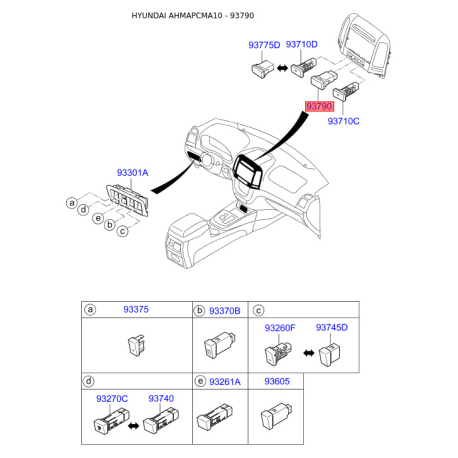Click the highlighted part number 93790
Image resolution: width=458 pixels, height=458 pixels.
click(319, 106)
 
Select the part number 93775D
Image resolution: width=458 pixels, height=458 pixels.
click(264, 45)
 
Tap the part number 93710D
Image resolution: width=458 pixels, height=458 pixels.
click(301, 44)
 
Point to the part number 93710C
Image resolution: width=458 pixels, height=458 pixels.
click(343, 121)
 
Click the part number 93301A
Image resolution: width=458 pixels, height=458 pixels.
click(132, 173)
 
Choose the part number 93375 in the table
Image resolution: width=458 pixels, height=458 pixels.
click(136, 309)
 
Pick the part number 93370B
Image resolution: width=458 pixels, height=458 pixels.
click(225, 311)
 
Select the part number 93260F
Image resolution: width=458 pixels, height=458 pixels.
click(280, 328)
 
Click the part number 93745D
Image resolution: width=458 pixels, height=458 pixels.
click(332, 327)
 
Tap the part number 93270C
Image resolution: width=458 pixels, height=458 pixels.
click(112, 399)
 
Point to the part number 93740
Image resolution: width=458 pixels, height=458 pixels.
click(161, 398)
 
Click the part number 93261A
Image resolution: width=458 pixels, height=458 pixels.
click(225, 382)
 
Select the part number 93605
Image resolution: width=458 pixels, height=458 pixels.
click(277, 381)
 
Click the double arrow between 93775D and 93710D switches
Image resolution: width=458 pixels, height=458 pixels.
click(282, 69)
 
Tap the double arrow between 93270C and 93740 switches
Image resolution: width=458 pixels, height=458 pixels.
click(133, 426)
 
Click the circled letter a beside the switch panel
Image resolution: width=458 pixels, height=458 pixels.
click(72, 203)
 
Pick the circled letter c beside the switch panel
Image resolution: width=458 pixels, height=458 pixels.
click(123, 231)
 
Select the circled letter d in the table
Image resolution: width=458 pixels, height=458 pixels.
click(89, 381)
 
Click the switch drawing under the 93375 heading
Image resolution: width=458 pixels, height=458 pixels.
click(137, 346)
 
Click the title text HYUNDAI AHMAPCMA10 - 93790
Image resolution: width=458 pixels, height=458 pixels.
click(193, 16)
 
